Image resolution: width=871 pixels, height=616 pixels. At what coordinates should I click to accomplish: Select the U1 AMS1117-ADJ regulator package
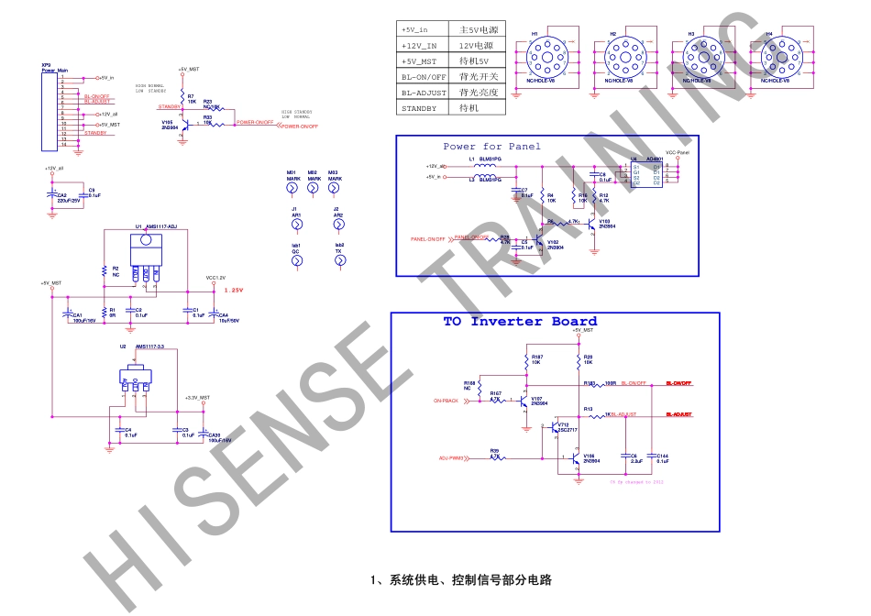pyautogui.click(x=144, y=254)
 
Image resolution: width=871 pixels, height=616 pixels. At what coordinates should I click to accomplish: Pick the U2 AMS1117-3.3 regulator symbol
pyautogui.click(x=135, y=375)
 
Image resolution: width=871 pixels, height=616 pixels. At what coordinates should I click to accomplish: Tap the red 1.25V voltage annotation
pyautogui.click(x=234, y=290)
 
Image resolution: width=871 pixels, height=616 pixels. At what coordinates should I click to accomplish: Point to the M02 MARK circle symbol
pyautogui.click(x=313, y=188)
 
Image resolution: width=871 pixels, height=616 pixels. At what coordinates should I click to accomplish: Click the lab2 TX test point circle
pyautogui.click(x=340, y=261)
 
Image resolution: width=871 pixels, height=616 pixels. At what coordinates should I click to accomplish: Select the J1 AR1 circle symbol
pyautogui.click(x=295, y=225)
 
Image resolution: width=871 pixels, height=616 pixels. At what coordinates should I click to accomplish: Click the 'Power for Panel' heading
pyautogui.click(x=491, y=147)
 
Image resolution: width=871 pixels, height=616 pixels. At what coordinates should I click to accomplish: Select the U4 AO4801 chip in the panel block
pyautogui.click(x=646, y=172)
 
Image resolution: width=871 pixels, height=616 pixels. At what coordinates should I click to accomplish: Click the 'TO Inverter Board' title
pyautogui.click(x=520, y=322)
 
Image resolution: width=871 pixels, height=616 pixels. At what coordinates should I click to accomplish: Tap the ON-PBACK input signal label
pyautogui.click(x=446, y=401)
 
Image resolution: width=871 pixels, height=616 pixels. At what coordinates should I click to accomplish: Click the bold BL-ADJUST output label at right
pyautogui.click(x=678, y=415)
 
